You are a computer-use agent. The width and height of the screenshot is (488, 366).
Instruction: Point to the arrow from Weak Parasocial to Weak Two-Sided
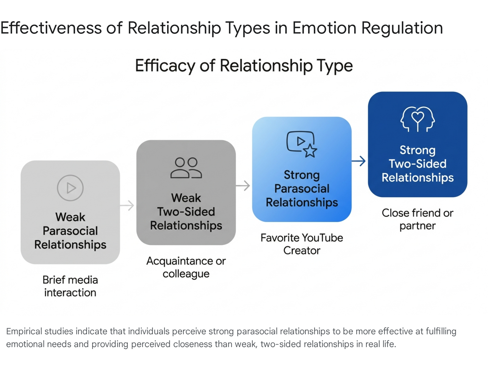(x=127, y=205)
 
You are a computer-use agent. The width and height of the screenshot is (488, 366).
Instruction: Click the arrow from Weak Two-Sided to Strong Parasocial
(x=243, y=185)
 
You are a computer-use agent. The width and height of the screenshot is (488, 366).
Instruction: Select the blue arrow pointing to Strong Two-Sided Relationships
(x=358, y=161)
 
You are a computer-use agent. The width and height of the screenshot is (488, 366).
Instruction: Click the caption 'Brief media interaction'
(x=70, y=286)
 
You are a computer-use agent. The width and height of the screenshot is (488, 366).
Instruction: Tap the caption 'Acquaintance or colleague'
(x=186, y=267)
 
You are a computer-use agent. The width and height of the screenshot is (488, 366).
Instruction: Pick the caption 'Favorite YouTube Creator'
(x=302, y=244)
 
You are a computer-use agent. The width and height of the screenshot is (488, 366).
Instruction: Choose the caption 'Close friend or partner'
(x=418, y=219)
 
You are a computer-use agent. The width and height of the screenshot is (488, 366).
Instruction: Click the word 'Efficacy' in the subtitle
(x=165, y=66)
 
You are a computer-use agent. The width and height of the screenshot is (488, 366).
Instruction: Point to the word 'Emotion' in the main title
(x=325, y=28)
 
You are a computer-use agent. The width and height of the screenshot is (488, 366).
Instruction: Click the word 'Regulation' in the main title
(x=402, y=29)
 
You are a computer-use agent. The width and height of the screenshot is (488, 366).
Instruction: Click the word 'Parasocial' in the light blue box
(x=302, y=189)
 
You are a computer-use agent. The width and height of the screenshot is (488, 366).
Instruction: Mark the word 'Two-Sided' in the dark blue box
(x=418, y=164)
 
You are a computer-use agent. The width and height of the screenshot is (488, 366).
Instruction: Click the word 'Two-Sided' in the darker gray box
(x=186, y=212)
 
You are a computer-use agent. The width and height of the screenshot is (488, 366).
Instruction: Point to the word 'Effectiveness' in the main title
(x=51, y=28)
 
